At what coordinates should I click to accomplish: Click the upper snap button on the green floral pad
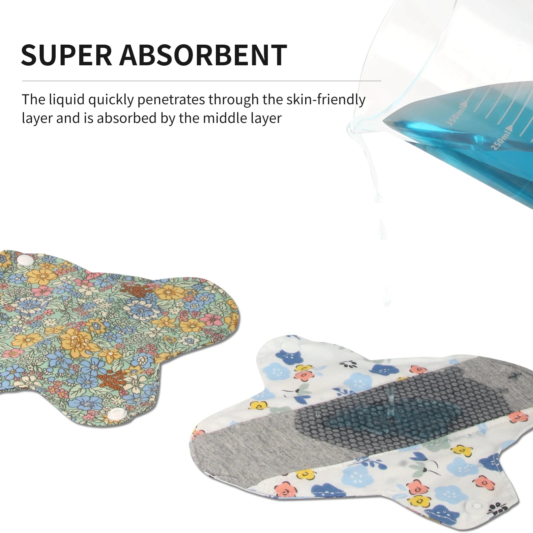coord(22,260)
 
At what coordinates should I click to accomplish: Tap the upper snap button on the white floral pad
coord(287,346)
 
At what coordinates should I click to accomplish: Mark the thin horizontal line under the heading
coord(202,81)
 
